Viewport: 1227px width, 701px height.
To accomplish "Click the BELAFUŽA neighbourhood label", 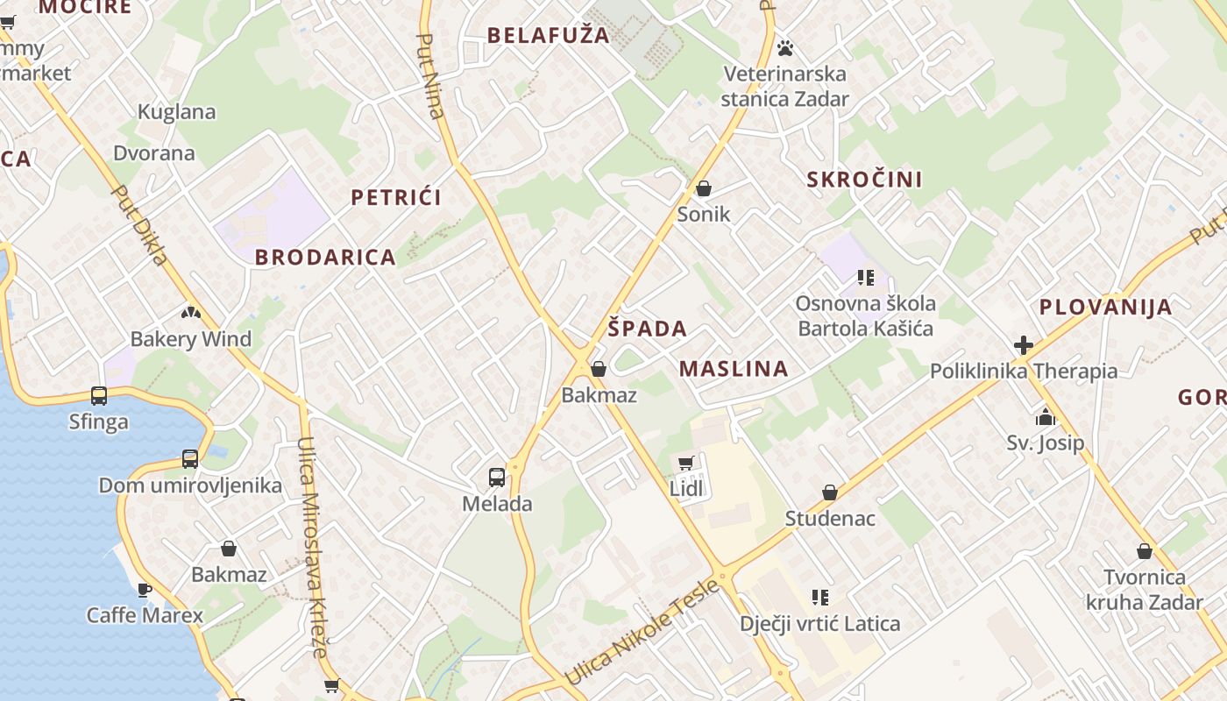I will coord(548,35).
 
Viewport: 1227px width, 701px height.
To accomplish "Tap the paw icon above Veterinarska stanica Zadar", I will coord(785,47).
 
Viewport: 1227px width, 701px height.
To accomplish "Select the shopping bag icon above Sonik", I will coord(703,188).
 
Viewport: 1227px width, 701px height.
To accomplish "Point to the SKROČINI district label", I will coord(864,180).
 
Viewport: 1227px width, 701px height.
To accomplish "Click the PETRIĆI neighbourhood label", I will coord(396,197).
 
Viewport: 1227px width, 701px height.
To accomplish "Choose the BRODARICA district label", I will coord(325,258).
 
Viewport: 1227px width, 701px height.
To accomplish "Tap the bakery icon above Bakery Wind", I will coord(191,312).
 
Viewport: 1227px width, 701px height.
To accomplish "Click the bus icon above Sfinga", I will coord(99,396).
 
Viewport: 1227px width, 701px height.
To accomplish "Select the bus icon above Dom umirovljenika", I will coord(190,458).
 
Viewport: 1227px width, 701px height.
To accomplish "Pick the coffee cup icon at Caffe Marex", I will coord(145,590).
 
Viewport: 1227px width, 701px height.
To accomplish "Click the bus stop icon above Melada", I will coord(497,478).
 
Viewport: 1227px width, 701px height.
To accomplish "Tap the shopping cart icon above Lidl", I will coord(686,463).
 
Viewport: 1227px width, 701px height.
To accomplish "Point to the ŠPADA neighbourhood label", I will coord(648,329).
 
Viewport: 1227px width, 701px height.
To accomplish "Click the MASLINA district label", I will coord(734,369).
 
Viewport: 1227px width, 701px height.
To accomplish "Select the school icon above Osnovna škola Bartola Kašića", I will coord(866,279).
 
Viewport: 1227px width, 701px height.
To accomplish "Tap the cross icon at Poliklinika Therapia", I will coord(1023,345).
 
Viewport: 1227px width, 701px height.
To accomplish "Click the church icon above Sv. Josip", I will coord(1045,417).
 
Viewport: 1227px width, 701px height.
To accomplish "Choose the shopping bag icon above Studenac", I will coord(830,492).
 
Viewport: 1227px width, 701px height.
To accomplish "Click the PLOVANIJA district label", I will coord(1105,308).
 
